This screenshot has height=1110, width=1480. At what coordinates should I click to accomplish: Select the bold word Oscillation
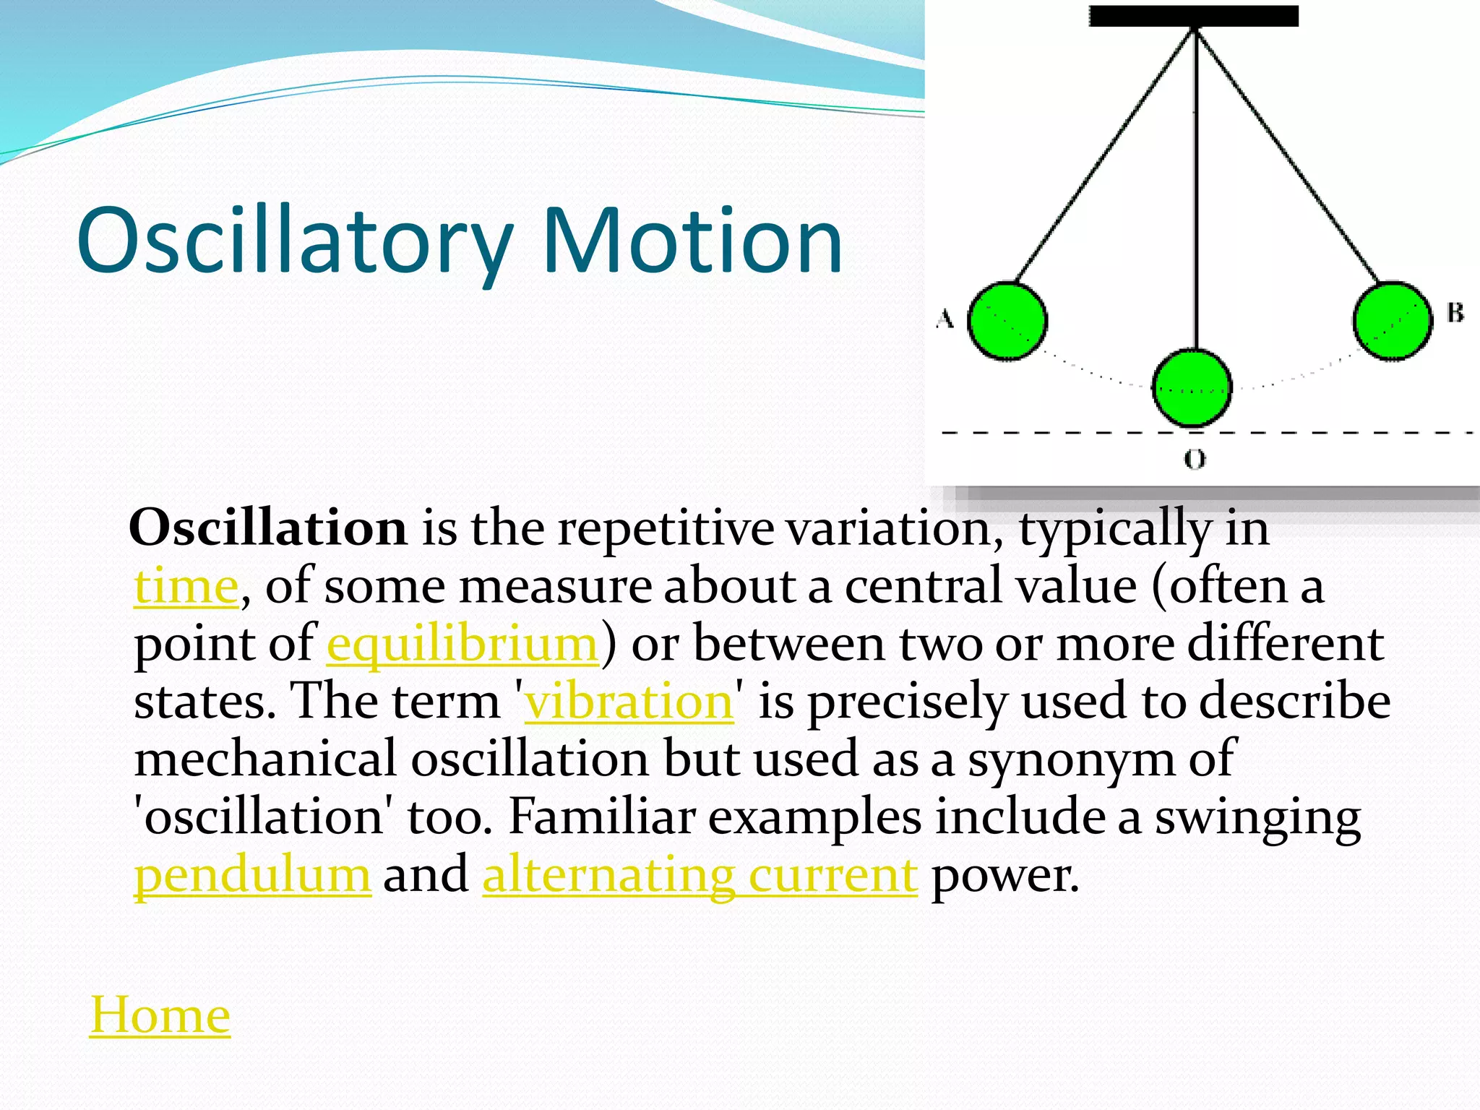(x=268, y=528)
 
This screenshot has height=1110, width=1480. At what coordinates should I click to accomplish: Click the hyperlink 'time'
(x=186, y=586)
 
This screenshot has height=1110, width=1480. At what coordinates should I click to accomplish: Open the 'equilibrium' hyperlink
(x=462, y=644)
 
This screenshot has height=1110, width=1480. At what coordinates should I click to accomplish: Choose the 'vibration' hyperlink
(x=629, y=701)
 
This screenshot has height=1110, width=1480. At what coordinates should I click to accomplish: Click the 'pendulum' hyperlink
(x=252, y=875)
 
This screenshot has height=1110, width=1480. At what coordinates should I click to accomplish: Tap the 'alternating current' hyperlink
(x=700, y=875)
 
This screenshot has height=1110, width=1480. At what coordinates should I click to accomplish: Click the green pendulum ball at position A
(x=1007, y=320)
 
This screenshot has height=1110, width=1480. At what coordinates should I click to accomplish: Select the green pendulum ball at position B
(x=1392, y=321)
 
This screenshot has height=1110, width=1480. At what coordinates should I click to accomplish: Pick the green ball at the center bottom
(x=1192, y=387)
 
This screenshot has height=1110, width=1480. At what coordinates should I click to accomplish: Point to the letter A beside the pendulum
(x=945, y=318)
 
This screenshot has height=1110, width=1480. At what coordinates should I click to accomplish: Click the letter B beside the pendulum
(x=1455, y=313)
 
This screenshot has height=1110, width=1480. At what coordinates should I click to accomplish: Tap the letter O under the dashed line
(x=1195, y=458)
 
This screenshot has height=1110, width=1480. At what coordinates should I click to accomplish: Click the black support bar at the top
(x=1194, y=16)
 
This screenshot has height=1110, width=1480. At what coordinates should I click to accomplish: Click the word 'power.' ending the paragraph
(x=1004, y=875)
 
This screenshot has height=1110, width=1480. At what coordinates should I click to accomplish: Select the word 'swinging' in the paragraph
(x=1257, y=817)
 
